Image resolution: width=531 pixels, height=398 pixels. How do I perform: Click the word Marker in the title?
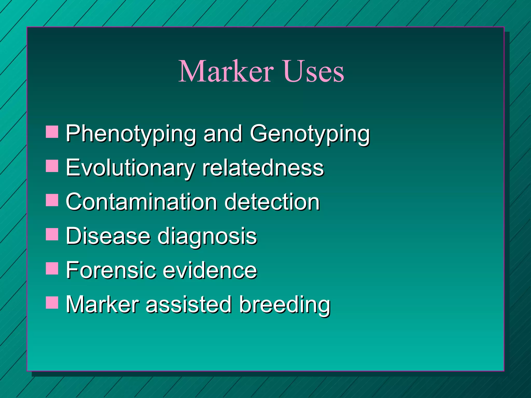coord(226,71)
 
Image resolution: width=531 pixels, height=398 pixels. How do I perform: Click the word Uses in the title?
coord(313,71)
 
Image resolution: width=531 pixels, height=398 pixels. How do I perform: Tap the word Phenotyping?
coord(131,134)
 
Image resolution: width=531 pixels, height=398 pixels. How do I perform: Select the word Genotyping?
coord(310,134)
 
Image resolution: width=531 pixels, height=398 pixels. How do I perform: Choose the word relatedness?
coord(263,168)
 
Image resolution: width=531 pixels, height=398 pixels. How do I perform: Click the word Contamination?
coord(141,202)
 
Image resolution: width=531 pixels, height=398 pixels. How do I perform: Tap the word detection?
coord(272,202)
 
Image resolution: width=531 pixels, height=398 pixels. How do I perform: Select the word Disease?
coord(108,236)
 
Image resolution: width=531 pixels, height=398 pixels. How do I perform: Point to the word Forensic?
coord(111,270)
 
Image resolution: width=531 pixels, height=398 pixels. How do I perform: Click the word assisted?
coord(188,304)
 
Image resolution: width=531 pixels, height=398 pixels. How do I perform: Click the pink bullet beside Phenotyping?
coord(52,132)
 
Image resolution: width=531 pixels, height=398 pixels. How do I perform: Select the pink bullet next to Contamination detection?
coord(52,200)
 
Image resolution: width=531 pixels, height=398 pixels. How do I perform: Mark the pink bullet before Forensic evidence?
coord(52,268)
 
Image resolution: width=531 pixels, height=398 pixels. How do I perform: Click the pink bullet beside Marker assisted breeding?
coord(52,303)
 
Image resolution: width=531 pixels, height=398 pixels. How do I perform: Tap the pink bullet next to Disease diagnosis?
coord(52,234)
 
